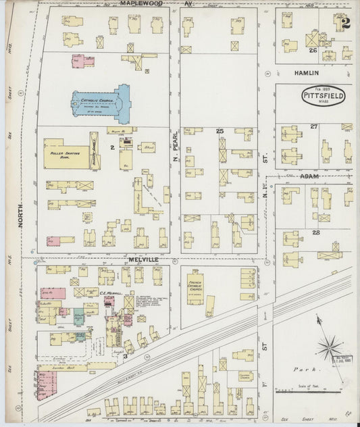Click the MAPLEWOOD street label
click(x=143, y=3)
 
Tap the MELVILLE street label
click(x=143, y=258)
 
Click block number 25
click(x=219, y=130)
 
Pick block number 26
click(x=312, y=50)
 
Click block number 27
click(x=313, y=126)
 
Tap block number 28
click(x=315, y=232)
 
